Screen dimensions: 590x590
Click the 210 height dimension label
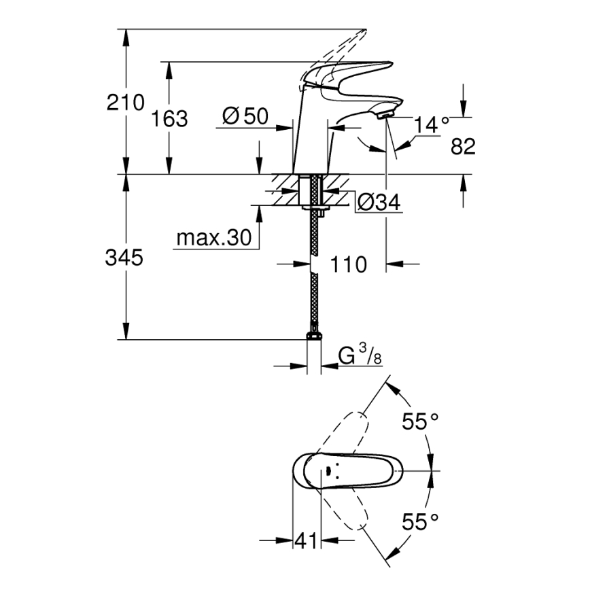point(125,103)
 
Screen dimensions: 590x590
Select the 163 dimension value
point(169,119)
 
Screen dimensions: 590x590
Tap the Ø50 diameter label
point(245,116)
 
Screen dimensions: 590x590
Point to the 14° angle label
point(432,124)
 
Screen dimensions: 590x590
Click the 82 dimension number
point(463,146)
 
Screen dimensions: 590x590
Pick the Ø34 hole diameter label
point(378,202)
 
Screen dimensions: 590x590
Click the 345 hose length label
point(125,258)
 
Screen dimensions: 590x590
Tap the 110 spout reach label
point(348,264)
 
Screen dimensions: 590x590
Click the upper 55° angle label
point(420,421)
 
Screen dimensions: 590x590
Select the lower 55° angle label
point(420,522)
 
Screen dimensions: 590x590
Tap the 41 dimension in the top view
point(307,541)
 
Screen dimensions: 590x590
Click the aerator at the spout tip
point(384,116)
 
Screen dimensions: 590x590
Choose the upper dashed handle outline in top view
point(347,435)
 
